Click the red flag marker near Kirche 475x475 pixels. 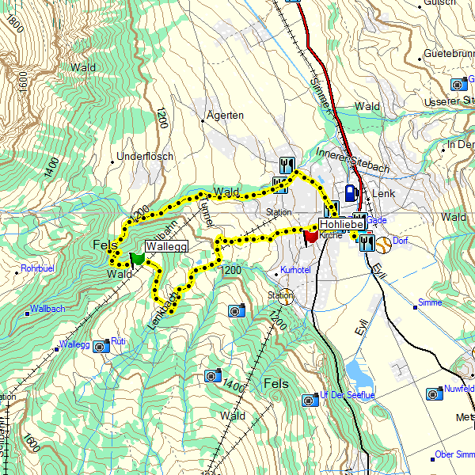[x=310, y=236]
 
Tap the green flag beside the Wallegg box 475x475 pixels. [x=138, y=258]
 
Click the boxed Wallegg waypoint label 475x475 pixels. [x=166, y=247]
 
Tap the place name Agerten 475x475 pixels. [x=224, y=116]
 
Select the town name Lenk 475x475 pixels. [x=383, y=194]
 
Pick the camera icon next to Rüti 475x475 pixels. [x=101, y=346]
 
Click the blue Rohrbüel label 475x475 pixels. [x=36, y=268]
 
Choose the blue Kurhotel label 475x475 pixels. [x=294, y=271]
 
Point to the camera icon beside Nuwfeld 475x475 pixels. [x=433, y=393]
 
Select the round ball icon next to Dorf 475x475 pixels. [x=383, y=244]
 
